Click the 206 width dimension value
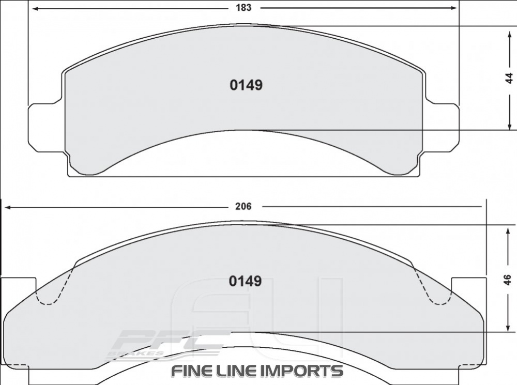(243, 206)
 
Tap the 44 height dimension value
(509, 78)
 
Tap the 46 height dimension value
(508, 279)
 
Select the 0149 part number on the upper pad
(246, 85)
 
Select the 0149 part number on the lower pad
(245, 281)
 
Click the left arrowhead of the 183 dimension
(34, 8)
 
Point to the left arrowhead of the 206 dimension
(8, 207)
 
